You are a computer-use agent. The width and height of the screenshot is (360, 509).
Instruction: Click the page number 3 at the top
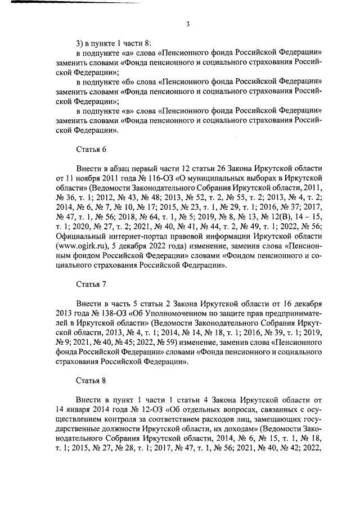187,24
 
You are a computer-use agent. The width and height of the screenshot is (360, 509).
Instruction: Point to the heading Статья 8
91,382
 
